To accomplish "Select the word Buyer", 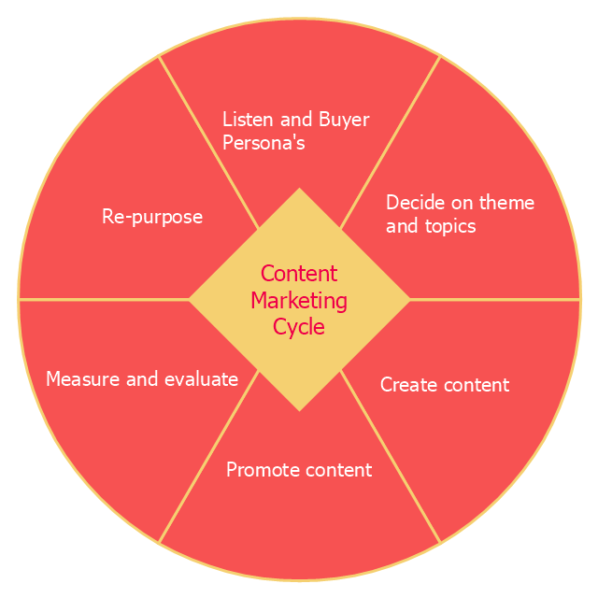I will click(x=345, y=120).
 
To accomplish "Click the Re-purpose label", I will click(x=152, y=217).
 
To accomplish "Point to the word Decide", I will click(x=412, y=203).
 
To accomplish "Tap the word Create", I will click(x=407, y=385).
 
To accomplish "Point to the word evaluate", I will click(x=201, y=379).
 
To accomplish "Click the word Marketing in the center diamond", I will click(x=299, y=301).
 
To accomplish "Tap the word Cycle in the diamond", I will click(x=299, y=327).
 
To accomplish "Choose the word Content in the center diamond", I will click(x=299, y=274).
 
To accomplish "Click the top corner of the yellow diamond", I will click(x=299, y=191).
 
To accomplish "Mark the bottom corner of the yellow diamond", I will click(x=299, y=408).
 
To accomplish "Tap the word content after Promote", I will click(x=338, y=470).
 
